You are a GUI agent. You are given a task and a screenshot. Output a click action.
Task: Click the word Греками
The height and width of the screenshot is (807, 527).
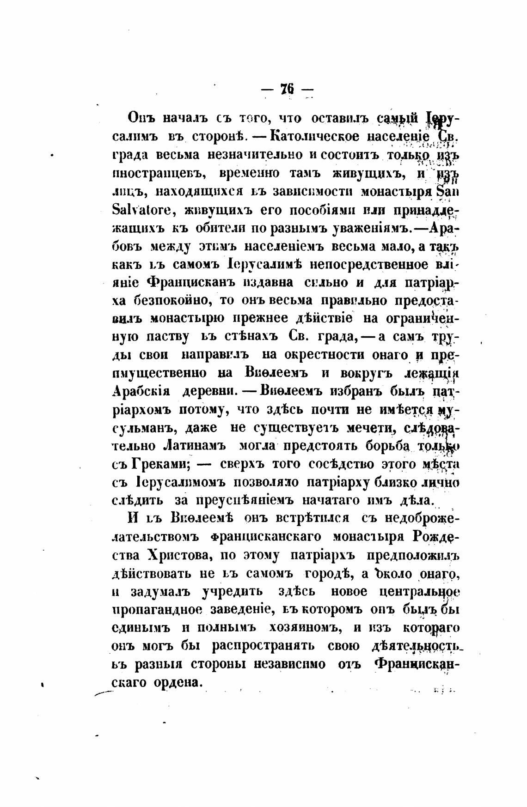162,464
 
